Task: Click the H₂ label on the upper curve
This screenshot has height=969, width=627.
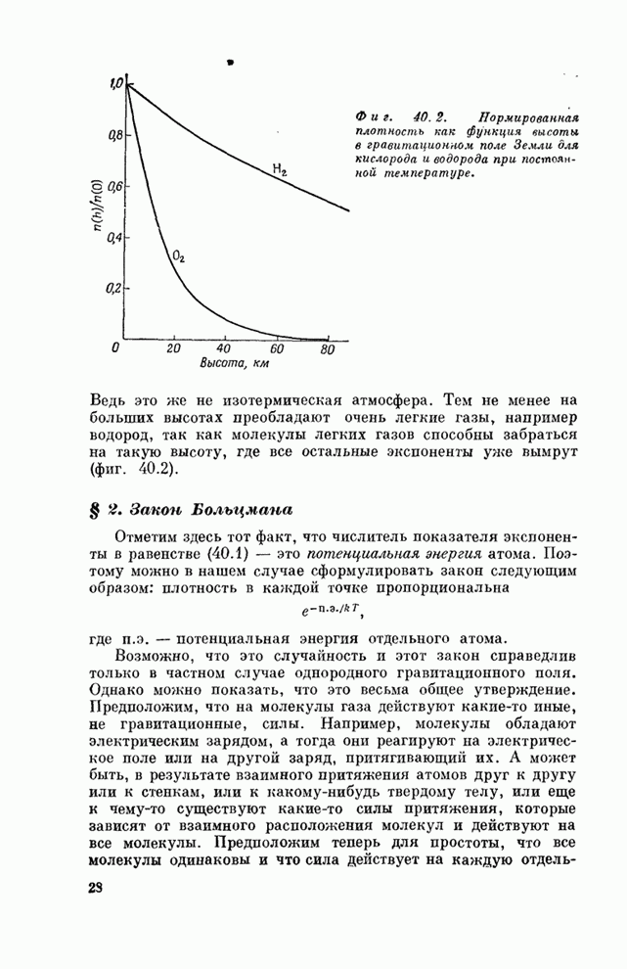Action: click(x=279, y=170)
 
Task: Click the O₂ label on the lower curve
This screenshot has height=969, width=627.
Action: click(x=179, y=257)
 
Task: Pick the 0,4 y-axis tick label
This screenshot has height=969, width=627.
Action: click(x=115, y=237)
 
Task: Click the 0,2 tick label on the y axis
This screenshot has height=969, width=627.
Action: click(x=115, y=288)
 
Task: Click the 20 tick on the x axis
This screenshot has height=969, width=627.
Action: click(x=174, y=349)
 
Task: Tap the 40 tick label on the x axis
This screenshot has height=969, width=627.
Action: click(x=226, y=349)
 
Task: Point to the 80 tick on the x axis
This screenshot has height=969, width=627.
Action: click(x=328, y=349)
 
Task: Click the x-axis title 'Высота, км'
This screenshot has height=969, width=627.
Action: click(x=236, y=364)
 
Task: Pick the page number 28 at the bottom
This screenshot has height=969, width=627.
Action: click(x=95, y=887)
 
